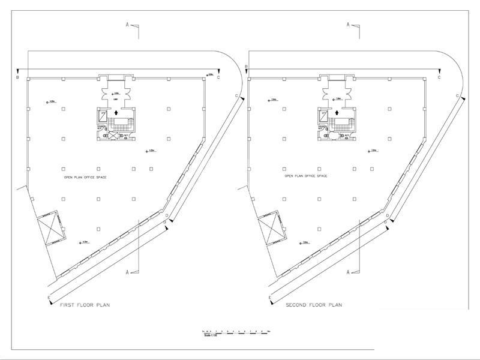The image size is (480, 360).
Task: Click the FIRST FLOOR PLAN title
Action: point(85,305)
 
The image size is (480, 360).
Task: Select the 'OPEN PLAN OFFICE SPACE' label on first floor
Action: point(85,177)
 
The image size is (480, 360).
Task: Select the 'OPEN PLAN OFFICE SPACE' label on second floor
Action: point(306,176)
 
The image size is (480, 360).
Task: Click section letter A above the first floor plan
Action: point(127,25)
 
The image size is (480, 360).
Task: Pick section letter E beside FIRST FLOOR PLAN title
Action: point(49,298)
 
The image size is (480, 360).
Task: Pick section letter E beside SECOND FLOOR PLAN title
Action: point(270,298)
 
